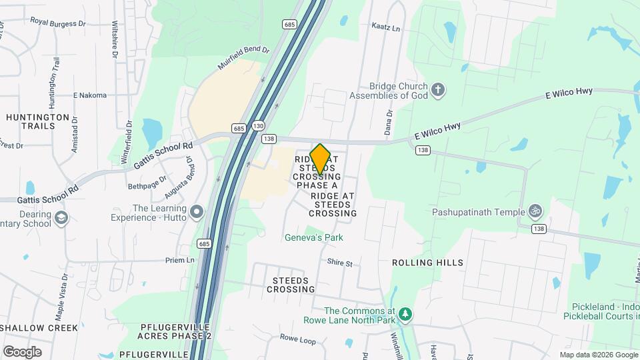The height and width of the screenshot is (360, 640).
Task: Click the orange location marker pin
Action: pos(321,159)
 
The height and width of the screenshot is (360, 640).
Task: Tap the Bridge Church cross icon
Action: pos(438,90)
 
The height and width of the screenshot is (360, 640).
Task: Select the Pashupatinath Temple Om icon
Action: pos(535,212)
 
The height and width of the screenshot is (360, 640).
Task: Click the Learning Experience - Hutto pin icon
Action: pos(197,213)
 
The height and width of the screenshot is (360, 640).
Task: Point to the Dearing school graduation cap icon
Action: pos(61,218)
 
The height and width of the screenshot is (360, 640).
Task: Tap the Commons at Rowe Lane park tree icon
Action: pos(404,314)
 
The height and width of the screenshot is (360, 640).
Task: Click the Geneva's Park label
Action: pos(314,237)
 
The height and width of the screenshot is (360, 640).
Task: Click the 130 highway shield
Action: pos(259,125)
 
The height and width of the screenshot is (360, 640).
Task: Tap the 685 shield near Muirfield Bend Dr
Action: pos(289,24)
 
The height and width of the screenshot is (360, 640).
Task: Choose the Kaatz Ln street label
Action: pos(385,29)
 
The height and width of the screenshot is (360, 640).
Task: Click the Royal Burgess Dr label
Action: pos(58,22)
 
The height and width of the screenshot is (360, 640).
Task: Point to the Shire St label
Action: pos(339,263)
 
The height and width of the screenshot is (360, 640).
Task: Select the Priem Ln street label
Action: pos(180,260)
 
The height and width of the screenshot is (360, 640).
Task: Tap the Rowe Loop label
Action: pos(297,340)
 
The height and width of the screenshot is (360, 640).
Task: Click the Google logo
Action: pos(22,351)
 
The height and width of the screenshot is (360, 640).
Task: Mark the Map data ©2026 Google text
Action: pos(599,355)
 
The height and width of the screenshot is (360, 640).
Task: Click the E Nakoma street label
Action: pos(90,95)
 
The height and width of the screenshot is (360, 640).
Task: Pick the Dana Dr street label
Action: pos(387,121)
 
